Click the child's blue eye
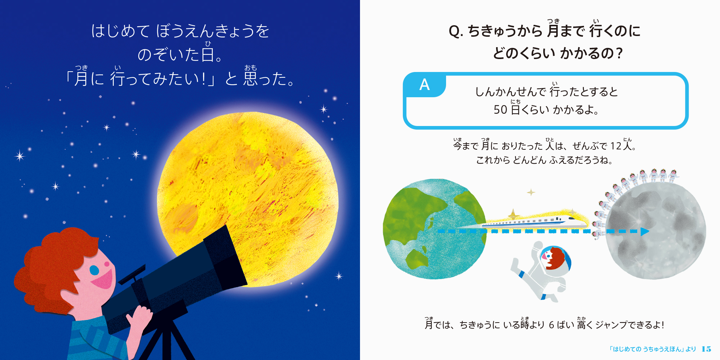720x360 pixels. click(94, 270)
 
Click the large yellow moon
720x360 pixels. click(248, 200)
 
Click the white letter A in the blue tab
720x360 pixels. click(424, 85)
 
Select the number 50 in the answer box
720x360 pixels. click(500, 109)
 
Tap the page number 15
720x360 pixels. click(706, 349)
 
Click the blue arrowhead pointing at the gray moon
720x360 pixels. click(645, 231)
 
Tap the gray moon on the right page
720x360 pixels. click(655, 230)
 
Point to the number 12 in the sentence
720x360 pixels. click(616, 146)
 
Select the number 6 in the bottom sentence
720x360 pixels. click(551, 325)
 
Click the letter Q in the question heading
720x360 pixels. click(455, 31)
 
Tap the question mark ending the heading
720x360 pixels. click(619, 53)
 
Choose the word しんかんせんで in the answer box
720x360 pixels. click(510, 92)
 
